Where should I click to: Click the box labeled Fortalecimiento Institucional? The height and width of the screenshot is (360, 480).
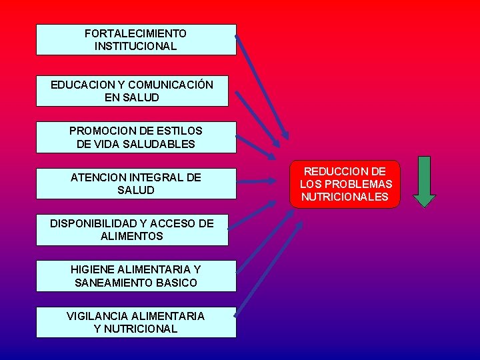(136, 40)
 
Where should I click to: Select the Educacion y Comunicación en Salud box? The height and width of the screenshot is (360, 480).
(132, 91)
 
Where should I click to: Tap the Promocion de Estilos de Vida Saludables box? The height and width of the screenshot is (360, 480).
(136, 137)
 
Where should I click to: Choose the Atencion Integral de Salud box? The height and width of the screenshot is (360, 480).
(136, 184)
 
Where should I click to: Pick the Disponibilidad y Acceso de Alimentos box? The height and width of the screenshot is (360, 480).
(132, 230)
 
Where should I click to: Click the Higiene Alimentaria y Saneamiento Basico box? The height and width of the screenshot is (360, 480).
(136, 276)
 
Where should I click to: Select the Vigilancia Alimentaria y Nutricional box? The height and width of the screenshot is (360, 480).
(136, 322)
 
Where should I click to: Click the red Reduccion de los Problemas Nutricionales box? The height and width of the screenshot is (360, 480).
(345, 184)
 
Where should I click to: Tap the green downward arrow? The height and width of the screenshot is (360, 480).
(424, 181)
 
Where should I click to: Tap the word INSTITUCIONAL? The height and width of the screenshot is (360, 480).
(136, 47)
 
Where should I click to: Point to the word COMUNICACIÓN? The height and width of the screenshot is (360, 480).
(171, 85)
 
